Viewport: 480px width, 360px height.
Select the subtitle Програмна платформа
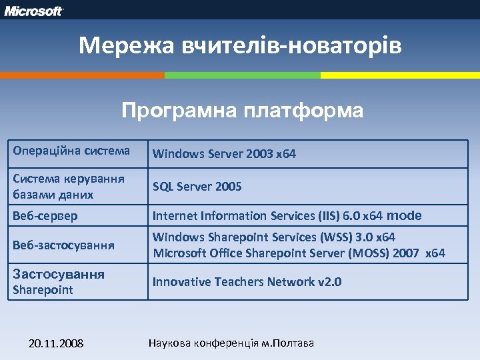pyautogui.click(x=243, y=110)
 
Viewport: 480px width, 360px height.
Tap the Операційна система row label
pyautogui.click(x=71, y=151)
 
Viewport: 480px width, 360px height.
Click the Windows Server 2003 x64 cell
pyautogui.click(x=224, y=154)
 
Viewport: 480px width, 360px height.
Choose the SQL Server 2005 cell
pyautogui.click(x=197, y=187)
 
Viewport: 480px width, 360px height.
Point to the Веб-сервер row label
pyautogui.click(x=45, y=216)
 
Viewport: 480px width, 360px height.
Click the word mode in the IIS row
pyautogui.click(x=404, y=215)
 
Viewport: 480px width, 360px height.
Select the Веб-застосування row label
pyautogui.click(x=63, y=245)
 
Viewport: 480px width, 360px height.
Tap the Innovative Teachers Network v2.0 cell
pyautogui.click(x=247, y=282)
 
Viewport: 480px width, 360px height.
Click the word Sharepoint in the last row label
pyautogui.click(x=43, y=290)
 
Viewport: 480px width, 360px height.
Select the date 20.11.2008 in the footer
pyautogui.click(x=56, y=343)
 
